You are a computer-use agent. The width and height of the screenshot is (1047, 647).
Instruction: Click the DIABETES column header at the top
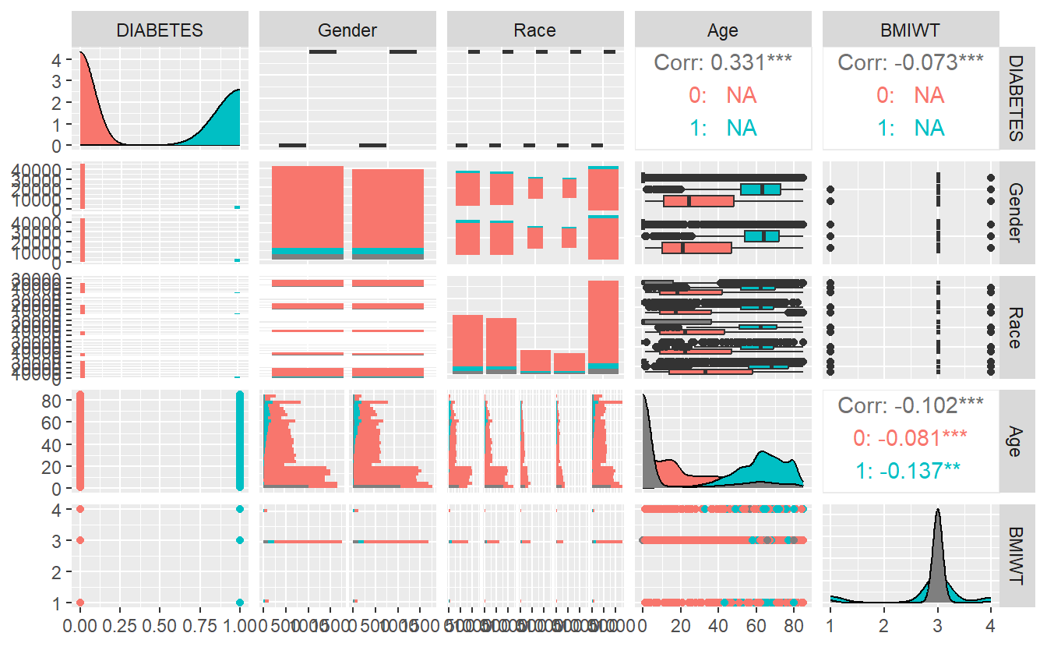(x=160, y=30)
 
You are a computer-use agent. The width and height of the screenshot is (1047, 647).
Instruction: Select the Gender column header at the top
(x=347, y=30)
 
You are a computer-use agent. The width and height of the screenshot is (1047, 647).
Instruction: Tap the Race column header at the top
(x=535, y=30)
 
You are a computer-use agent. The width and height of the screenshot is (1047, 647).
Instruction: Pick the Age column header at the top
(x=723, y=30)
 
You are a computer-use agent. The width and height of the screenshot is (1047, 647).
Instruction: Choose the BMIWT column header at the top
(x=911, y=30)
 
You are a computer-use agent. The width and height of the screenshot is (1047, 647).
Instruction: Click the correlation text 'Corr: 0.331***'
(x=723, y=62)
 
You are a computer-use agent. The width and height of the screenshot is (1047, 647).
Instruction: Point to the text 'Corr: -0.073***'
(x=911, y=62)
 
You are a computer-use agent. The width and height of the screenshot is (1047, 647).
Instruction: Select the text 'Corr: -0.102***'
(x=911, y=405)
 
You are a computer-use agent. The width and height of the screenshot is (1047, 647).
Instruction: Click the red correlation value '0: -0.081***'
(x=911, y=437)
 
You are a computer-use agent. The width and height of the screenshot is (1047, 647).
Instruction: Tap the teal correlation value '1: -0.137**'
(x=911, y=470)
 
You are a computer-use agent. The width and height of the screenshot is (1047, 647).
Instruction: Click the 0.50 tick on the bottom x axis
(x=160, y=627)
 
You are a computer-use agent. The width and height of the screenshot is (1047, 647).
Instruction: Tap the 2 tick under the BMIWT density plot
(x=883, y=627)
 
